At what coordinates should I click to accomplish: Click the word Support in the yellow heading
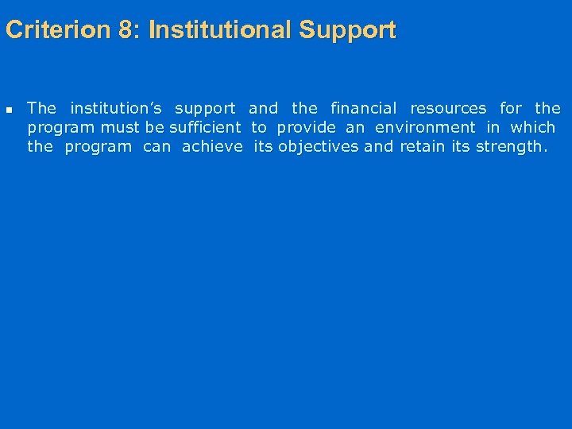(x=347, y=30)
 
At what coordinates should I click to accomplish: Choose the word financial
(x=363, y=108)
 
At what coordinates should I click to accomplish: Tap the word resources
(x=448, y=108)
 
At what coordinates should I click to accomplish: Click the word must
(x=119, y=127)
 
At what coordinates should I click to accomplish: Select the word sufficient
(x=205, y=127)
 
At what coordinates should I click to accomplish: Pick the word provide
(x=306, y=127)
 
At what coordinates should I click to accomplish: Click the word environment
(x=425, y=127)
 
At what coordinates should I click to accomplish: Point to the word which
(x=532, y=127)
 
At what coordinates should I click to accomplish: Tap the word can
(x=157, y=146)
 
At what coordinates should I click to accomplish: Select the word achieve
(x=212, y=146)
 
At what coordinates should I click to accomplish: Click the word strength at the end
(x=509, y=146)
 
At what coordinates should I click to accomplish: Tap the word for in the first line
(x=511, y=108)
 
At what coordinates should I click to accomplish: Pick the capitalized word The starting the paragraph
(x=41, y=108)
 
